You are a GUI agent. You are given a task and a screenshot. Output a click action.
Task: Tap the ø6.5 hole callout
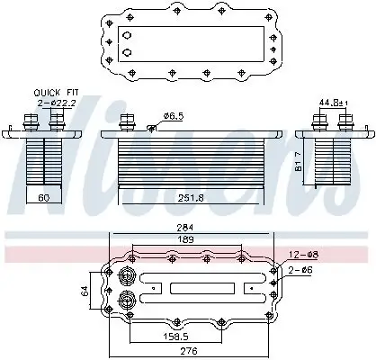pos(173,116)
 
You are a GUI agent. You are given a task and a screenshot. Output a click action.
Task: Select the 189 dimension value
pos(186,239)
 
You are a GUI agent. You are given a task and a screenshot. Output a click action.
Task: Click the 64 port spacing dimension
pos(84,289)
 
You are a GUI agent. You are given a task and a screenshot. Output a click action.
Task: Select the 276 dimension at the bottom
pos(188,350)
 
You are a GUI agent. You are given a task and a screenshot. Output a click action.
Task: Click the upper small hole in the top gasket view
pos(127,37)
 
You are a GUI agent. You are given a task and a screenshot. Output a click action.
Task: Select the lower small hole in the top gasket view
pos(127,52)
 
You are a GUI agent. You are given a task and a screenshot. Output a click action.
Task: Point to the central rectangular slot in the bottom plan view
pos(199,288)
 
